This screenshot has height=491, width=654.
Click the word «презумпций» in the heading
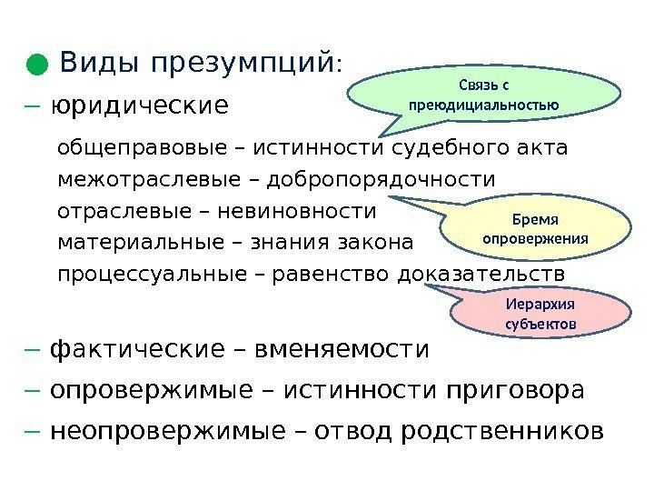(243, 65)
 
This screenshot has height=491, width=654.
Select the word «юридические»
(141, 106)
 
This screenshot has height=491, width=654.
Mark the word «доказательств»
(481, 275)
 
